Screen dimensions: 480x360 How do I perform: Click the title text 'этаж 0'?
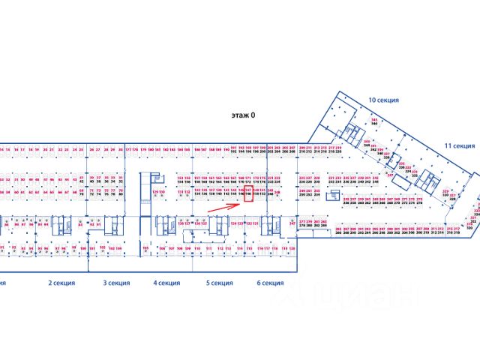(x=243, y=115)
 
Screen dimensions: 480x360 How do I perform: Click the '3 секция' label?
(x=116, y=283)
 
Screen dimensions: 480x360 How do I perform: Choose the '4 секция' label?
(x=166, y=283)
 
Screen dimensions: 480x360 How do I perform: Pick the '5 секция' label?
(x=218, y=283)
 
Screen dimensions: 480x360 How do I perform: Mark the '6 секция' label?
(x=269, y=283)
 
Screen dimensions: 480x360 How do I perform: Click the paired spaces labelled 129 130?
(x=158, y=193)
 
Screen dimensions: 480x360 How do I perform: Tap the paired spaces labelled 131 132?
(x=182, y=191)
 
